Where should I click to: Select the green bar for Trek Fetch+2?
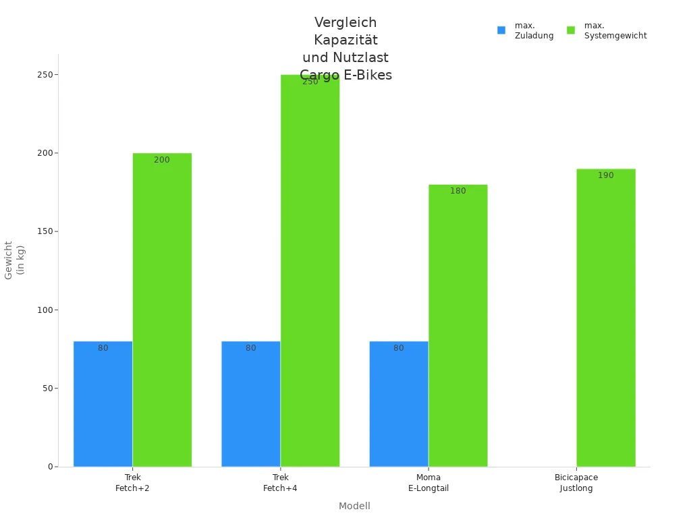coord(162,310)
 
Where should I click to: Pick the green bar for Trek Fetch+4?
coord(310,270)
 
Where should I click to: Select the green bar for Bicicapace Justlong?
coord(605,318)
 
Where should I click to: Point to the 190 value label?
coord(605,175)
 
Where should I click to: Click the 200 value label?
coord(162,160)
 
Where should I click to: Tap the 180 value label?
coord(458,191)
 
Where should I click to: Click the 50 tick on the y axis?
coord(48,388)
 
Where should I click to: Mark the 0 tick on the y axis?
coord(50,467)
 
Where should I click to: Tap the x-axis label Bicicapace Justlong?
coord(576,482)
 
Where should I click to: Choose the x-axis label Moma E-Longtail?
coord(429,482)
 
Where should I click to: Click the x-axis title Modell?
coord(354,506)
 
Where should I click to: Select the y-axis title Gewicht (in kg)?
coord(14,260)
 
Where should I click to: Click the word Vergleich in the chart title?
coord(345,23)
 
